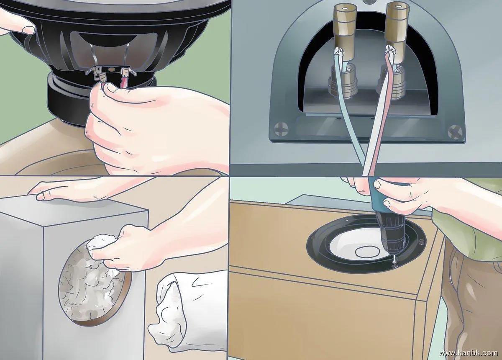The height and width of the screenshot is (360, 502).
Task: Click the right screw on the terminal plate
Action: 455,132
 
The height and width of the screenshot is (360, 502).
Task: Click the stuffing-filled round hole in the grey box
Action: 92,283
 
